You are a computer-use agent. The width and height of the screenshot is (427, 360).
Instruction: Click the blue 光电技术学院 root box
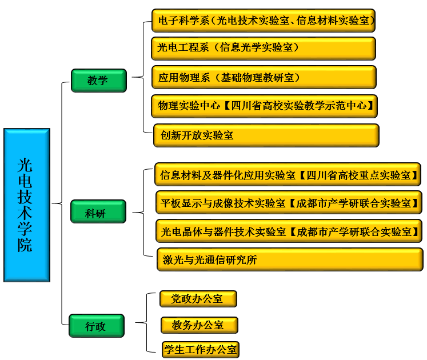coord(26,205)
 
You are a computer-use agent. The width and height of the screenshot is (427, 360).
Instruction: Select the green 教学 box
coord(98,80)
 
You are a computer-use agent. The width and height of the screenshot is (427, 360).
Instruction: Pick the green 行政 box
coord(96,326)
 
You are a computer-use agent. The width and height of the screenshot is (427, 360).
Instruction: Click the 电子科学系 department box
coord(264,21)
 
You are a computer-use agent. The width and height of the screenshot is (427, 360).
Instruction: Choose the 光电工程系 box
coord(264,48)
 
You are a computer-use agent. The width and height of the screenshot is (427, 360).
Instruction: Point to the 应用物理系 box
coord(264,77)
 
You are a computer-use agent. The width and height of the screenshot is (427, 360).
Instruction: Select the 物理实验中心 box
coord(265,106)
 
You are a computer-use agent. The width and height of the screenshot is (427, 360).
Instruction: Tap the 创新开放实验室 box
coord(266,135)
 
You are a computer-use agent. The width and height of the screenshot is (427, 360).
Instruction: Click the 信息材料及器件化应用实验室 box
coord(288,174)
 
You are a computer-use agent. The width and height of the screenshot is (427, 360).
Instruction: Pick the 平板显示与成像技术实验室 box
coord(289,203)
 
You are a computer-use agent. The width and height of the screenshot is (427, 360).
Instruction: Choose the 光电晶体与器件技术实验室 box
coord(289,231)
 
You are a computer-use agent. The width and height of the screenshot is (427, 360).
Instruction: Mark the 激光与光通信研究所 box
coord(290,259)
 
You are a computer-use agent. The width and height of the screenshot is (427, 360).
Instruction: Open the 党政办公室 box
coord(198,298)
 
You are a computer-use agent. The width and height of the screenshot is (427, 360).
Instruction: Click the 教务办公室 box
coord(198,325)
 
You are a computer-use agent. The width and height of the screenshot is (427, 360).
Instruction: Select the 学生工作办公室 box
coord(200,349)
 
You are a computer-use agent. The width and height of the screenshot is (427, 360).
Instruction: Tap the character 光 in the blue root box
coord(26,166)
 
